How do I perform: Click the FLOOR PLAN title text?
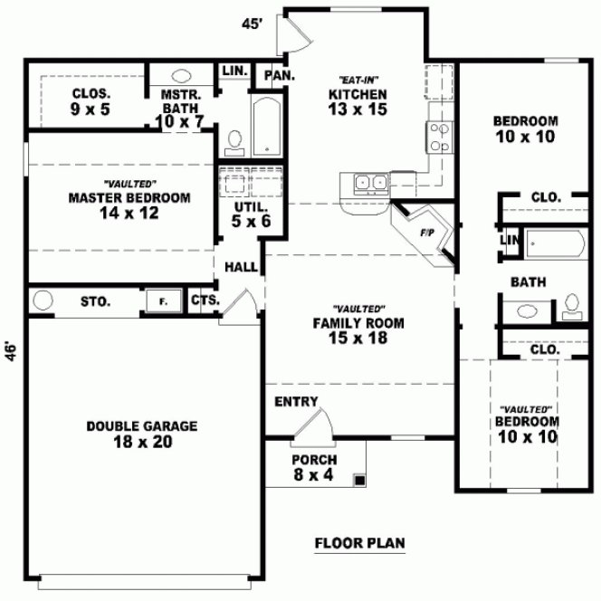tap(359, 544)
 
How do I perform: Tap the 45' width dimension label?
tap(252, 24)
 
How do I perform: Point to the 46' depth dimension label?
tap(11, 350)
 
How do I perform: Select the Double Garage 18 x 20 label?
tap(142, 434)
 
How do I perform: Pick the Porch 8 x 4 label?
tap(313, 466)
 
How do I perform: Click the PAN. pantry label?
tap(279, 77)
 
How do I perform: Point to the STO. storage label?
tap(96, 301)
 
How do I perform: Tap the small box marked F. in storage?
tap(163, 301)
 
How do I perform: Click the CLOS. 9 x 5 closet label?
tap(91, 100)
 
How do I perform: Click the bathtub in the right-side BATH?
tap(556, 244)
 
